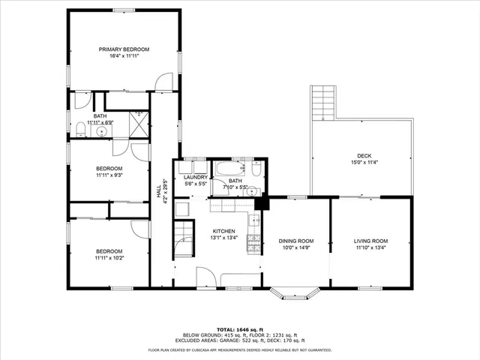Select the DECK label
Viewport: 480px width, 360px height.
pos(364,155)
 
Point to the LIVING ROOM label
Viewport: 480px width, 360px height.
pos(370,241)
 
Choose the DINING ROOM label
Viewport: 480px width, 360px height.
pos(295,241)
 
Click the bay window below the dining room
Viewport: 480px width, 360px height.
pos(296,291)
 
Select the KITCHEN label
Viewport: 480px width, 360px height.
pos(223,231)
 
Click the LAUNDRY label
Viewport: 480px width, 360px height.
pos(195,177)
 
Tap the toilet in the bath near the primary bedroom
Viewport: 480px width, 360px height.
pos(80,130)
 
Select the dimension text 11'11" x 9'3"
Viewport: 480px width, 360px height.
pos(109,175)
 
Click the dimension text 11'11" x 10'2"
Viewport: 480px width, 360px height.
pos(109,257)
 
